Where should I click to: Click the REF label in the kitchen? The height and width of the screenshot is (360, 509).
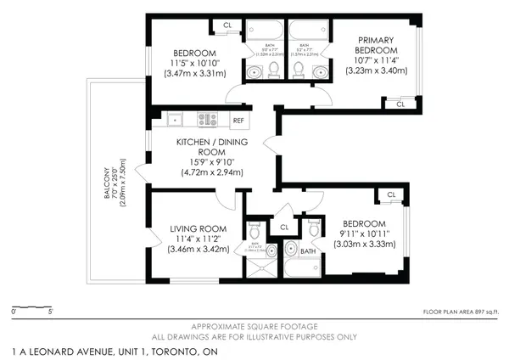pos(239,120)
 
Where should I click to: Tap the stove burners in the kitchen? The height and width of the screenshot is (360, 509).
pos(208,119)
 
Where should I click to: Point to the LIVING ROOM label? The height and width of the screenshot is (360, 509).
pos(196,228)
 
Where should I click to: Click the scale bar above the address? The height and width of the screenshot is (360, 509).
pos(32,307)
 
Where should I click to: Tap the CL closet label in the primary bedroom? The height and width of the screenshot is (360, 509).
pos(400,104)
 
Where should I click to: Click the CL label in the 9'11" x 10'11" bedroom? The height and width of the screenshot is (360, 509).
pos(391,195)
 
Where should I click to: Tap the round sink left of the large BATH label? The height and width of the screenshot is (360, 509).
pos(291,249)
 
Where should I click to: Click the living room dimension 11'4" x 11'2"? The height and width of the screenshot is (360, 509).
pos(196,239)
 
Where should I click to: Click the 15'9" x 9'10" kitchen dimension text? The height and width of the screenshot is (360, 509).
pos(211,162)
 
